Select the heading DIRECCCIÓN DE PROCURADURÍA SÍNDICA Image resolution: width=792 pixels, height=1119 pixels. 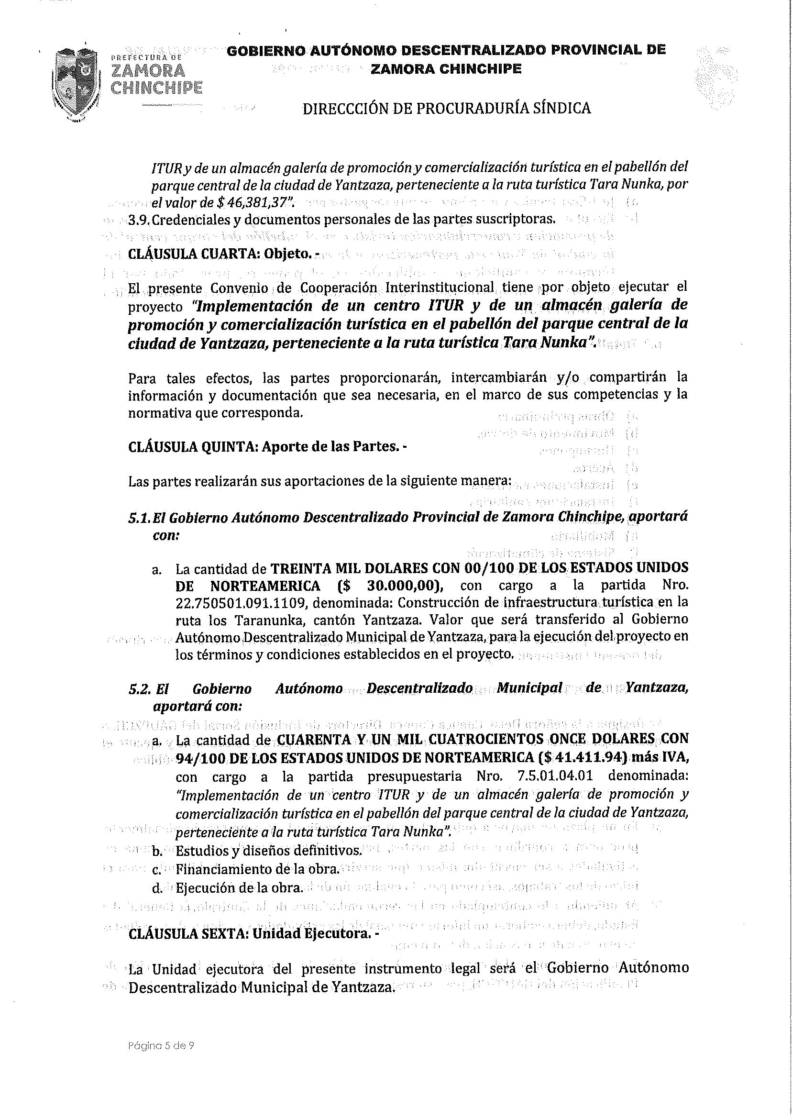click(x=446, y=108)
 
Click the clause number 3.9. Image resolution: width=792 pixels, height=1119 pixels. click(x=139, y=220)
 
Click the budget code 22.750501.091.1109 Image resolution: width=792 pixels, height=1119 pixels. click(x=241, y=603)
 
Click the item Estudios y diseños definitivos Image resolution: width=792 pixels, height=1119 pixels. click(x=268, y=851)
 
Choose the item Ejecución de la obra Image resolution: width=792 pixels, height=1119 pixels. click(x=239, y=887)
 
